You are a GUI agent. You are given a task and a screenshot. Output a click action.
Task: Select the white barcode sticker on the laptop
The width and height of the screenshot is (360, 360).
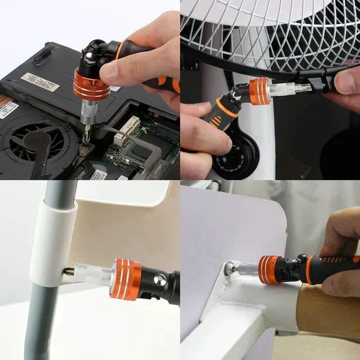(x=40, y=82)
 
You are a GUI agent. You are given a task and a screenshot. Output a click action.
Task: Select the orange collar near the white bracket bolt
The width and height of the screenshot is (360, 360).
(x=271, y=269)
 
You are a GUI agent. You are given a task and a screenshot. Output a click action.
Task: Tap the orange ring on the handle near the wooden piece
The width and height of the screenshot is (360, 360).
(x=309, y=269)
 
